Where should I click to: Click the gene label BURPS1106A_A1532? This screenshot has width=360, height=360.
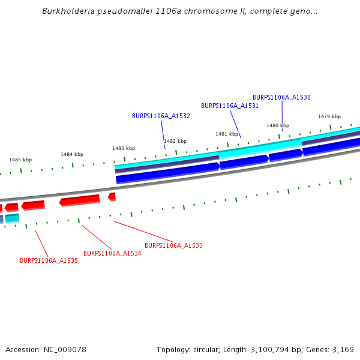pyautogui.click(x=161, y=116)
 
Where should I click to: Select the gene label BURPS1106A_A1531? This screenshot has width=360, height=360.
pyautogui.click(x=230, y=106)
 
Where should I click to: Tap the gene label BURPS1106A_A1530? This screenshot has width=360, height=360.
pyautogui.click(x=281, y=97)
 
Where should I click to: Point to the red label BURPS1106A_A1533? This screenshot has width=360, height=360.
pyautogui.click(x=173, y=245)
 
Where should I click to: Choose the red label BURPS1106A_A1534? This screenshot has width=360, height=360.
pyautogui.click(x=112, y=253)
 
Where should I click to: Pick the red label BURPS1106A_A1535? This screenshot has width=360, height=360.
pyautogui.click(x=49, y=261)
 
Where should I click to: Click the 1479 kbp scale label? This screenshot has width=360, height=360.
pyautogui.click(x=329, y=116)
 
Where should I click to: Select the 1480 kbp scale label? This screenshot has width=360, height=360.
pyautogui.click(x=278, y=125)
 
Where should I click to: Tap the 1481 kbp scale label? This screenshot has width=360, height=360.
pyautogui.click(x=227, y=134)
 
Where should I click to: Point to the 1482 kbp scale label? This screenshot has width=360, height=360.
pyautogui.click(x=175, y=141)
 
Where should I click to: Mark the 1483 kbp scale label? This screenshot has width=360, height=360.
pyautogui.click(x=124, y=148)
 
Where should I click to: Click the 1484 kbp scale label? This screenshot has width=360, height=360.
pyautogui.click(x=72, y=154)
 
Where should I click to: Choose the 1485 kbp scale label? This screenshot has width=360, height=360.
pyautogui.click(x=20, y=160)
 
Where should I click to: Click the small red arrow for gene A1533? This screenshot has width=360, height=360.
pyautogui.click(x=112, y=196)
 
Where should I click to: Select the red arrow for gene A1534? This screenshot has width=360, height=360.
pyautogui.click(x=80, y=200)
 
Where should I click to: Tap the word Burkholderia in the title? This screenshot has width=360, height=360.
pyautogui.click(x=67, y=11)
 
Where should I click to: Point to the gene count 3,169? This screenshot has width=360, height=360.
pyautogui.click(x=342, y=349)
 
